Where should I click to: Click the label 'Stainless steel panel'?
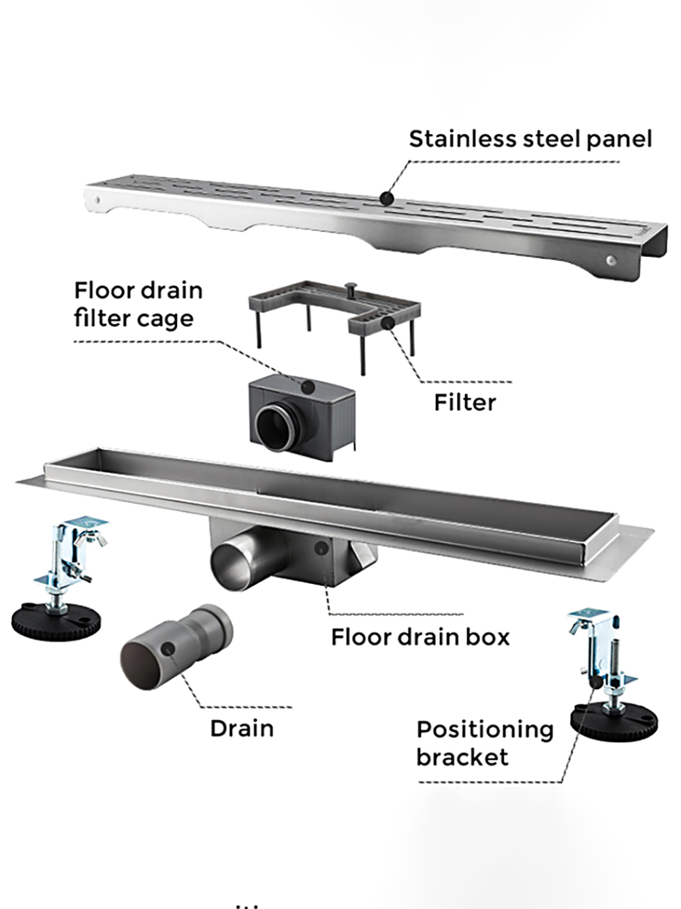[x=530, y=139]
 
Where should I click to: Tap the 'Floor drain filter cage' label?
[x=138, y=304]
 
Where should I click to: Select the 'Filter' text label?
[x=464, y=402]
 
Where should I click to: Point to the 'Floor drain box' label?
[x=420, y=637]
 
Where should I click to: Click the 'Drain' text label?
[x=242, y=728]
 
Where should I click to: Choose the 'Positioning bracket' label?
[x=484, y=743]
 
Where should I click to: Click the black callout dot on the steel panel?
[x=386, y=198]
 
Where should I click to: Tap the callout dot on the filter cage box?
[x=307, y=386]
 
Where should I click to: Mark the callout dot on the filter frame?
[x=387, y=322]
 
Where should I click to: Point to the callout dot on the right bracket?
[x=597, y=682]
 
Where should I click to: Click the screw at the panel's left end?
[x=98, y=200]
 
